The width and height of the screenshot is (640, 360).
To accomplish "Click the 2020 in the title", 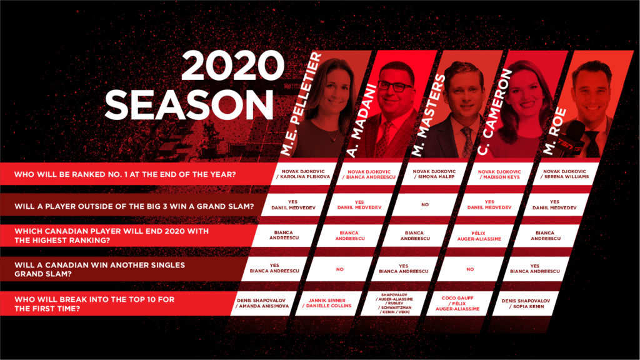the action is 232,66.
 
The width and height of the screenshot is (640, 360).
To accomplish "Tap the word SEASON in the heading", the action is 189,104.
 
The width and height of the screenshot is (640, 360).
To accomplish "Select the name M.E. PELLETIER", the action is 301,104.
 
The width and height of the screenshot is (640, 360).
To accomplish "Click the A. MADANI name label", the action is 361,121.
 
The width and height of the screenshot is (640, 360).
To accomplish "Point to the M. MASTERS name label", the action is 427,116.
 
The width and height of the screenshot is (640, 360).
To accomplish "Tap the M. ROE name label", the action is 555,131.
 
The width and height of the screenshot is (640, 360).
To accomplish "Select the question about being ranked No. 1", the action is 125,174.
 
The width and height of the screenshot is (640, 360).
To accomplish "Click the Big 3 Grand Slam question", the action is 134,206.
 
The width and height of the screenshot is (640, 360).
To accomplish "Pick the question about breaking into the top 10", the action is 94,304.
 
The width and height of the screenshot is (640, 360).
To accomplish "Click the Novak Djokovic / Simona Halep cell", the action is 434,174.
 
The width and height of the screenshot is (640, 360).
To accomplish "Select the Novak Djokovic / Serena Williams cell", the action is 564,174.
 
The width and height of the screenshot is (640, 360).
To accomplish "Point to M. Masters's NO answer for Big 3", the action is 425,204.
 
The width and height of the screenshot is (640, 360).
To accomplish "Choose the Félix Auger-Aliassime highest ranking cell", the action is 479,236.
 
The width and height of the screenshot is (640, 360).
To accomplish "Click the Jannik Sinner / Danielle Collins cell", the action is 327,303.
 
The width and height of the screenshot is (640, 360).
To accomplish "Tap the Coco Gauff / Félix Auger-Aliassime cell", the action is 457,303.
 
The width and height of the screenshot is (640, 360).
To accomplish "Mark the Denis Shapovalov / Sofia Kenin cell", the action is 526,303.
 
